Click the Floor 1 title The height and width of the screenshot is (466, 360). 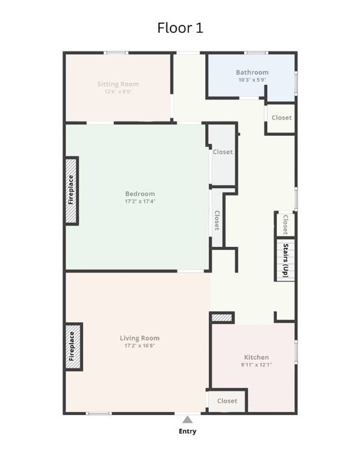coord(180,28)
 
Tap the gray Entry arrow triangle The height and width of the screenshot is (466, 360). coord(187,420)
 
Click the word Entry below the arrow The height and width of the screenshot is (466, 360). coord(188,431)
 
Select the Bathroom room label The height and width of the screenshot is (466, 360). coord(252,72)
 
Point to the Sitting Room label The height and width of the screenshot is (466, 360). coord(118,84)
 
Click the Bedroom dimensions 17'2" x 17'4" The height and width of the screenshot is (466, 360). coord(140,201)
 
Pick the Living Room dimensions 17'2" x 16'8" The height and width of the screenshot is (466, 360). coord(140,346)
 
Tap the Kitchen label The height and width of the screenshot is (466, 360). coord(256,357)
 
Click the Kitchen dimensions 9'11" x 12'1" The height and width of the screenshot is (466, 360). coord(256,365)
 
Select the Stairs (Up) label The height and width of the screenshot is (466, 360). coord(286,260)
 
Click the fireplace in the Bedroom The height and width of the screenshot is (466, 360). coord(71,191)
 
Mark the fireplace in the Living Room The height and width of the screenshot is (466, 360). coord(73,346)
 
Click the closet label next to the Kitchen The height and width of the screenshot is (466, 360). coord(227,401)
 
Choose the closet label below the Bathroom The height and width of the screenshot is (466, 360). coord(282,118)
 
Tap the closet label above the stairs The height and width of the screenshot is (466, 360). coord(285,225)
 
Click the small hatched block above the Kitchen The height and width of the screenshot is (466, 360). coord(222,318)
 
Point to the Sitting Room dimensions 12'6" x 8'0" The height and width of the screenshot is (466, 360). coord(118,92)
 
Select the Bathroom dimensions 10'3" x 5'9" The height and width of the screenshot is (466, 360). coord(252,79)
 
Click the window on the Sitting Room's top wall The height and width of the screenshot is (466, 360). coord(116,53)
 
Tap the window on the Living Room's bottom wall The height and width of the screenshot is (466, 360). coord(99,413)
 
